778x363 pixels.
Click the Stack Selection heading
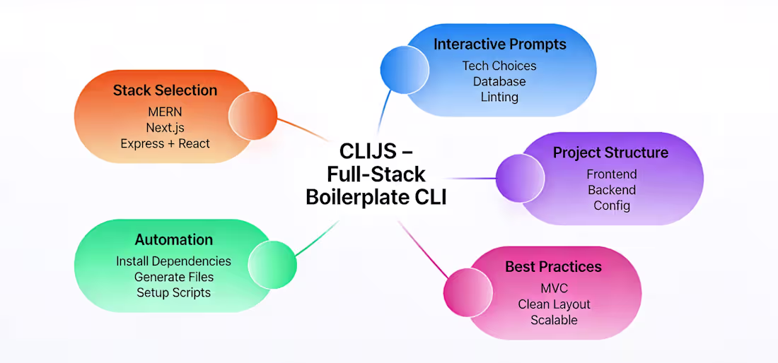tap(165, 90)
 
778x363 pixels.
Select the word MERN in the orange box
tap(165, 112)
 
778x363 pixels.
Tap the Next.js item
tap(165, 128)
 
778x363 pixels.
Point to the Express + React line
tap(165, 143)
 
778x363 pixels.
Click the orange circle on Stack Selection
tap(252, 117)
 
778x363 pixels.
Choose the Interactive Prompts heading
tap(499, 44)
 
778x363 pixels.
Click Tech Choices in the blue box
tap(499, 66)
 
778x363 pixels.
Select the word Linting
tap(499, 97)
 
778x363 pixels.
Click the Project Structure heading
tap(610, 153)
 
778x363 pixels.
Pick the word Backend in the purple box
tap(611, 190)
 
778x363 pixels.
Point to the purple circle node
tap(520, 177)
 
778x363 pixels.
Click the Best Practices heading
tap(553, 267)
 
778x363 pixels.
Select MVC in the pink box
tap(554, 289)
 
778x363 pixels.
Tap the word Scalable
tap(554, 320)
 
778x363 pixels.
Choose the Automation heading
tap(173, 240)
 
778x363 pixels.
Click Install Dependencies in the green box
tap(173, 261)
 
